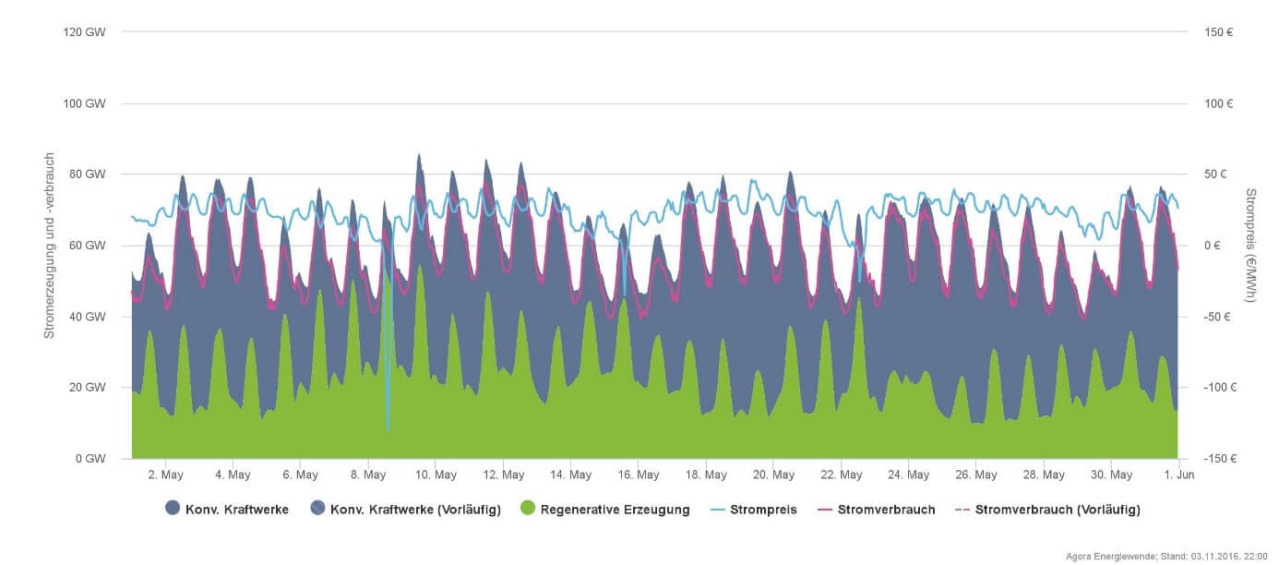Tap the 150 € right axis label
(1219, 31)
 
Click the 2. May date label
(164, 475)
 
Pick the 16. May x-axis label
(639, 475)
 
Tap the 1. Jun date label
(1179, 475)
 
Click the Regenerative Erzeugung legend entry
(615, 509)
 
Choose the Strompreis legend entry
(761, 509)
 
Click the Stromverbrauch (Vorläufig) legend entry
(1057, 509)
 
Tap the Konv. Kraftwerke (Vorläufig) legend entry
(415, 509)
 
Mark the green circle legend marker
(528, 509)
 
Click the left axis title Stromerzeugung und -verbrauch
(51, 246)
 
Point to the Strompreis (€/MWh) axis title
(1251, 246)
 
